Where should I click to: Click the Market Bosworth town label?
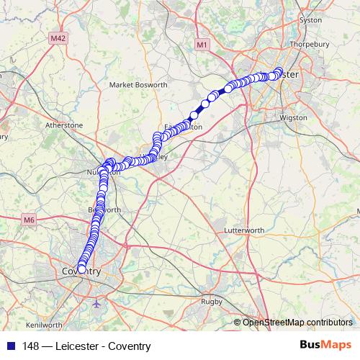tap(138, 84)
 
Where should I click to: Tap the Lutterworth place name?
tap(246, 231)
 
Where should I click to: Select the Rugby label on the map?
tap(211, 301)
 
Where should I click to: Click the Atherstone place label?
tap(65, 125)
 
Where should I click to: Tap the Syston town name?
tap(310, 20)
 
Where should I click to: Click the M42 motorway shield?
tap(59, 36)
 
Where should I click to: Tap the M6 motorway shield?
tap(29, 220)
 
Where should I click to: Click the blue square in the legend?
tap(9, 346)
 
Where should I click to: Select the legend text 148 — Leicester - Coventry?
tap(86, 346)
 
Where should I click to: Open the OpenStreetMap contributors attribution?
tap(297, 323)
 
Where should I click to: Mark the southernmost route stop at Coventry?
tap(81, 269)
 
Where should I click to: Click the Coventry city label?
tap(81, 271)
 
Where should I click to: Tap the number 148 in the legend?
tap(30, 346)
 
